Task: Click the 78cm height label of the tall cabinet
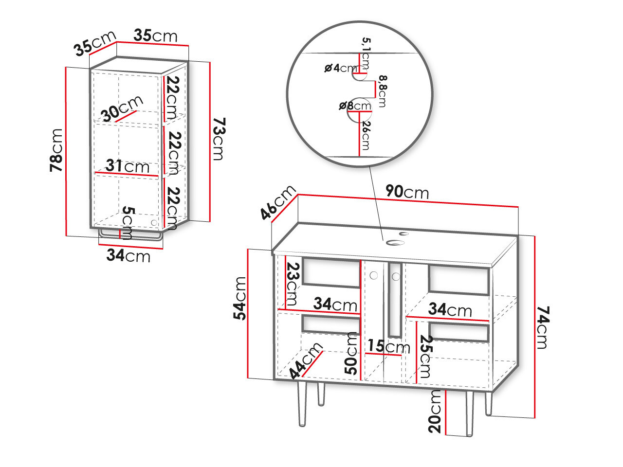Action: [57, 150]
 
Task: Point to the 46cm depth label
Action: [277, 202]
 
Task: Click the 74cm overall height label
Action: [542, 327]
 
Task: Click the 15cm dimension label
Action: [388, 346]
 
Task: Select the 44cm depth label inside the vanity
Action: [305, 360]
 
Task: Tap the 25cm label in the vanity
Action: [425, 356]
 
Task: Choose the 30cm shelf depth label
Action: [122, 108]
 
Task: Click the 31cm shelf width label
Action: [128, 166]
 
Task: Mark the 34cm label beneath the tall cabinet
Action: [128, 255]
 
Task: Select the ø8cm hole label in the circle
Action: [354, 106]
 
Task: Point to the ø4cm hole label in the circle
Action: [340, 68]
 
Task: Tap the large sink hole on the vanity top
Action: [392, 242]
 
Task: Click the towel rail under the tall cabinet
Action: [130, 238]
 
